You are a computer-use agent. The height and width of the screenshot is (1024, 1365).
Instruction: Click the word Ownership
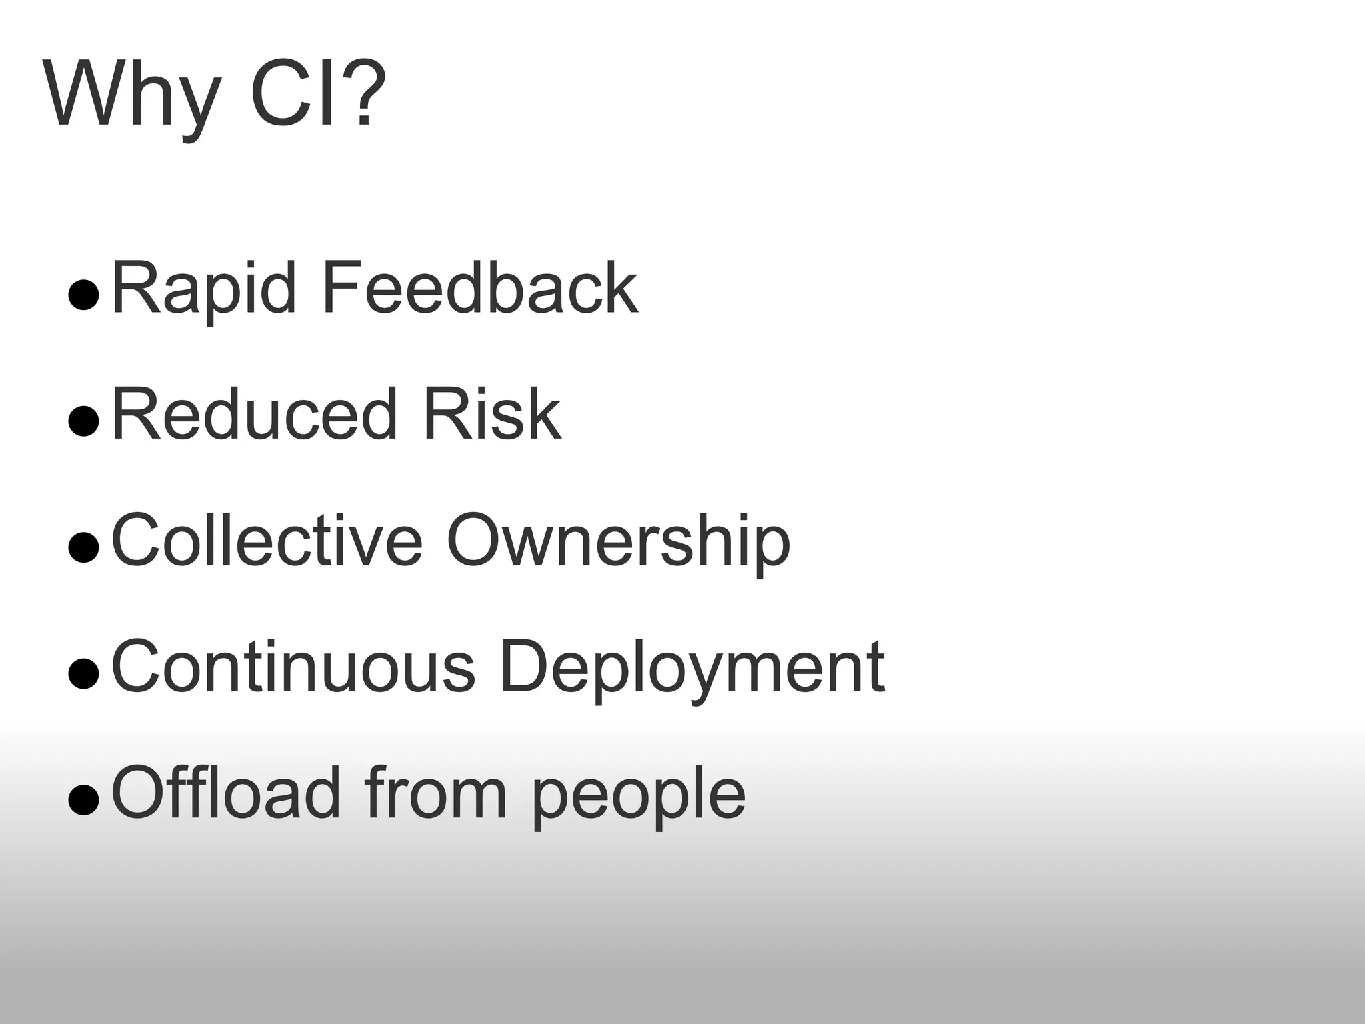pyautogui.click(x=618, y=541)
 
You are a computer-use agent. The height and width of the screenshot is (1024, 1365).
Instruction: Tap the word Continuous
pyautogui.click(x=293, y=666)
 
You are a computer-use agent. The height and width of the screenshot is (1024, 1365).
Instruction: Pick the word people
pyautogui.click(x=638, y=797)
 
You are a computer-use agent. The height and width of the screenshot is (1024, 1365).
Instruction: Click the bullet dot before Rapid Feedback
pyautogui.click(x=84, y=295)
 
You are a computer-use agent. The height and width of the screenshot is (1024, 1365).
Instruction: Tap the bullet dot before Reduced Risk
pyautogui.click(x=84, y=421)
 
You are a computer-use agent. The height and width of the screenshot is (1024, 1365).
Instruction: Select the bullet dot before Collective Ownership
pyautogui.click(x=84, y=547)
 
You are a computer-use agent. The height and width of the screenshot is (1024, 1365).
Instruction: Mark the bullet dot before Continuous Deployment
pyautogui.click(x=84, y=673)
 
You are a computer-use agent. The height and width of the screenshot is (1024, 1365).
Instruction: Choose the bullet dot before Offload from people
pyautogui.click(x=84, y=799)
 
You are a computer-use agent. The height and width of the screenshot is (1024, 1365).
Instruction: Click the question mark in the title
pyautogui.click(x=365, y=93)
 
